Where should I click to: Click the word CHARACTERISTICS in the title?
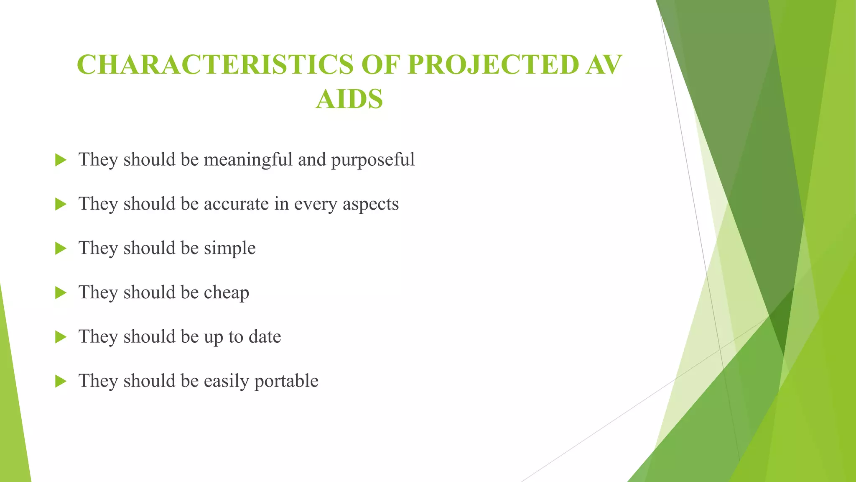point(215,65)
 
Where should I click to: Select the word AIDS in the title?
point(349,99)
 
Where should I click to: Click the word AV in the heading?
point(603,65)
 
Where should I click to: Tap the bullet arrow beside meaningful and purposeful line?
point(61,160)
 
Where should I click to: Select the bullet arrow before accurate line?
point(61,204)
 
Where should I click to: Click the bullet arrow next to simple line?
point(61,249)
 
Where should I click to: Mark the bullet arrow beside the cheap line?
point(61,293)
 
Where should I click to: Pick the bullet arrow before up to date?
point(61,337)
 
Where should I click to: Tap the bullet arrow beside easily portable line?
point(61,381)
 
